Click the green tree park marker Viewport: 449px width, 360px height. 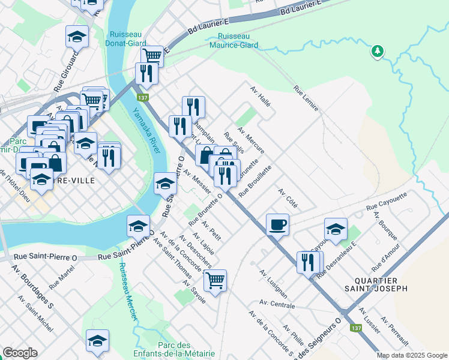coord(377,52)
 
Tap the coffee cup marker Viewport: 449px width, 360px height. coord(277,224)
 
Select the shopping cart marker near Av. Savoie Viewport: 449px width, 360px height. coord(215,279)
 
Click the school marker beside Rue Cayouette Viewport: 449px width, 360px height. coord(336,228)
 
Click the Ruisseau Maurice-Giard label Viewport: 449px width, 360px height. coord(234,41)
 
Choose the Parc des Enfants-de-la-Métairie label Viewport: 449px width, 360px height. coord(174,350)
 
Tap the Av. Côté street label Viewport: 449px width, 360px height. coord(288,196)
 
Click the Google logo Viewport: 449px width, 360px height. coord(20,353)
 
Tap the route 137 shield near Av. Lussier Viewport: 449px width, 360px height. coord(356,328)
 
